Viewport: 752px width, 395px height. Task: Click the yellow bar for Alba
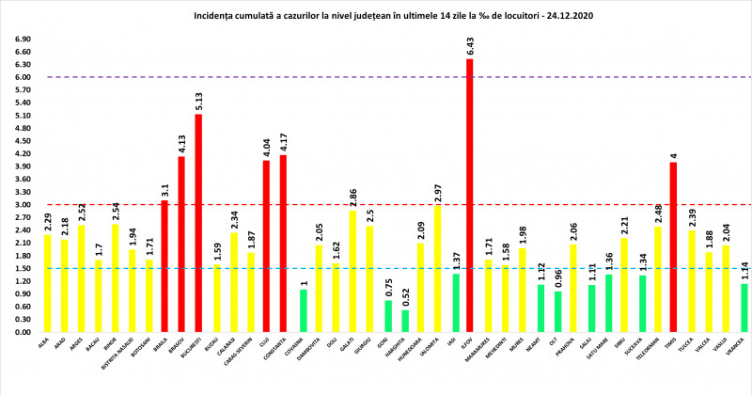47,283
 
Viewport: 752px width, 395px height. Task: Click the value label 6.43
469,46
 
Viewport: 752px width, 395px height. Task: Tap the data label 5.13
198,101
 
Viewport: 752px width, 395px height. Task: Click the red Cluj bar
266,246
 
